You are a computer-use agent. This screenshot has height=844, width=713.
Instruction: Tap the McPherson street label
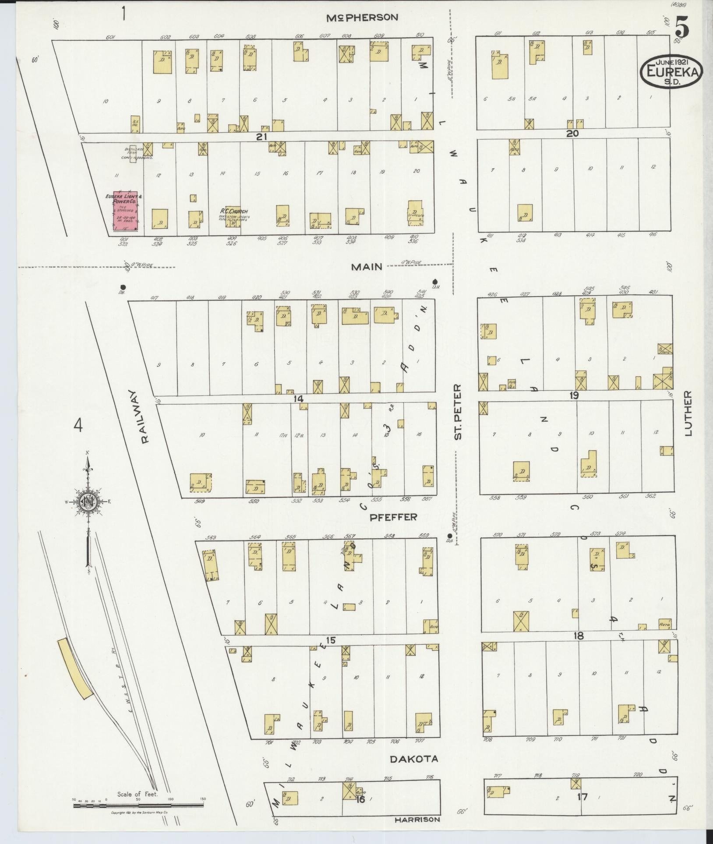point(363,18)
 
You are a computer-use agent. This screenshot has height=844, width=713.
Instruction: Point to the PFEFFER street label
point(393,517)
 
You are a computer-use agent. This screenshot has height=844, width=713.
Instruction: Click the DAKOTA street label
point(413,759)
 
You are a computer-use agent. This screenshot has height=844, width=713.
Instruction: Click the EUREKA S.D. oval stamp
point(671,70)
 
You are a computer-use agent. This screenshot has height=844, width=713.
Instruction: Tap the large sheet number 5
point(682,27)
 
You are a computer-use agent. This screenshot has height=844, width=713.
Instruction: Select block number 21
point(261,137)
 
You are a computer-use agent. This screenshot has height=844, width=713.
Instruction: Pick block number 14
point(299,399)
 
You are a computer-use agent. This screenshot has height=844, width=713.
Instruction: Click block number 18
point(579,636)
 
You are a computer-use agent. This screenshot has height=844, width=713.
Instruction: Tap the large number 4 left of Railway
point(78,425)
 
